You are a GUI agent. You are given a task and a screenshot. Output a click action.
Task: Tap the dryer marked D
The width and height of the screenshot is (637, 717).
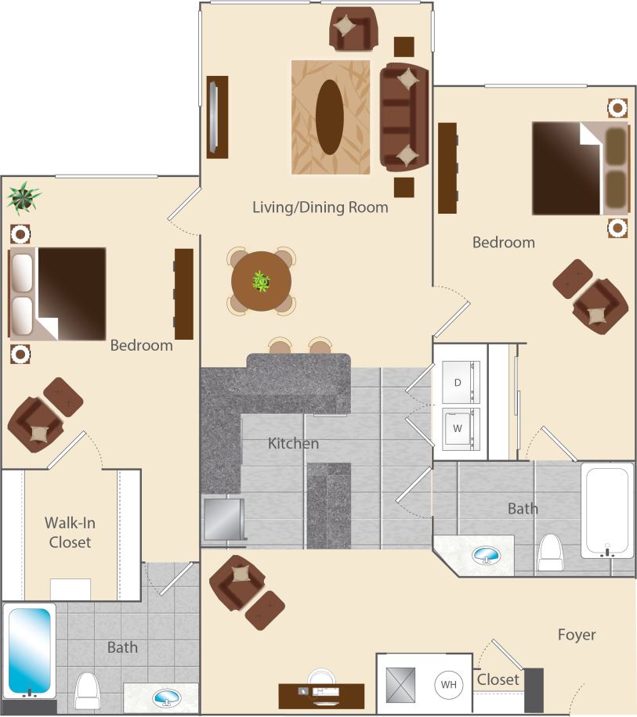coord(458,384)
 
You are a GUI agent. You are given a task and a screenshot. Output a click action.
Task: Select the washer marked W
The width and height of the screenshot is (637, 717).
coord(458,428)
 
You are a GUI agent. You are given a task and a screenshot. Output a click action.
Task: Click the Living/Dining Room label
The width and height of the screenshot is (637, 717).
coord(320,207)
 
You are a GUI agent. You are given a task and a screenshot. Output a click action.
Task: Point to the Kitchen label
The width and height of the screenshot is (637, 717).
coord(293,444)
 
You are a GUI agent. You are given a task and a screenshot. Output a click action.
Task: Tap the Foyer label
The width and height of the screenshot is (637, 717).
coord(577,634)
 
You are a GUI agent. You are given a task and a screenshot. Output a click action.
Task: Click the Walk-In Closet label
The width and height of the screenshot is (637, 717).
coord(70,531)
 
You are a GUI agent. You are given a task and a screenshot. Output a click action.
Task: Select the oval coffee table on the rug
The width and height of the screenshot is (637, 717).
coord(329,117)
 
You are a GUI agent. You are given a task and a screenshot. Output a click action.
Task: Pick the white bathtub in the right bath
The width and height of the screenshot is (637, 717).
coord(606,510)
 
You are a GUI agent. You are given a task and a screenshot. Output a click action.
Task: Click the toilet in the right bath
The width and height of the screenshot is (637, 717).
coord(551,553)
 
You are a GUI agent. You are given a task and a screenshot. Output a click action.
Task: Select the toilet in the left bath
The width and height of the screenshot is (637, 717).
coord(88,690)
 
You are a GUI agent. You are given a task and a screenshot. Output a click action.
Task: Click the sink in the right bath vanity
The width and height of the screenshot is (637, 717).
coord(487,555)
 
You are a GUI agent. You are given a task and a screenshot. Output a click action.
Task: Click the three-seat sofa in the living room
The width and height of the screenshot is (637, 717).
coord(404,117)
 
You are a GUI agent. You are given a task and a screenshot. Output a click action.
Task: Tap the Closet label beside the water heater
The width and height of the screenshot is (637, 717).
coord(498,679)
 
